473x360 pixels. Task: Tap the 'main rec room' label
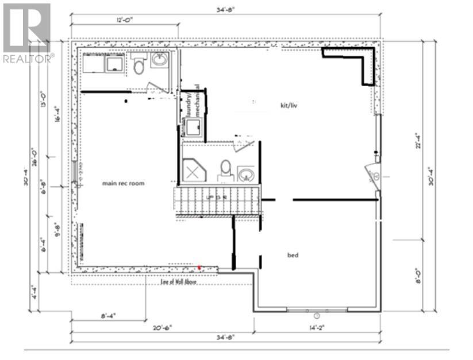point(123,184)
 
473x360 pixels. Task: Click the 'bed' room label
point(293,254)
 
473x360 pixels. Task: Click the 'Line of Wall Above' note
point(178,281)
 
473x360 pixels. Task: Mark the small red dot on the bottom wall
point(199,268)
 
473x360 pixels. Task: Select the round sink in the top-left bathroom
point(159,60)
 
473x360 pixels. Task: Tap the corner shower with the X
point(194,170)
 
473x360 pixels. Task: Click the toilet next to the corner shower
point(225,169)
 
